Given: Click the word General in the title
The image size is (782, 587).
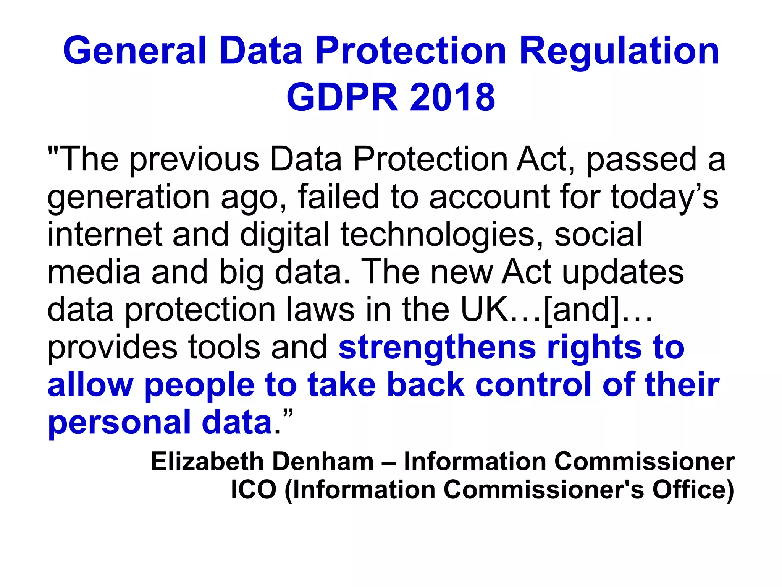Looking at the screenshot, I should (x=134, y=50).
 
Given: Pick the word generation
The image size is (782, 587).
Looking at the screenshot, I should (x=128, y=197).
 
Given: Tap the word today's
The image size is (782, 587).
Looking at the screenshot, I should (x=664, y=197).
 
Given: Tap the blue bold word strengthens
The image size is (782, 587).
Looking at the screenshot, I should (x=437, y=347).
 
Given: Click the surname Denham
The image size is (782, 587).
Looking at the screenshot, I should (x=323, y=461).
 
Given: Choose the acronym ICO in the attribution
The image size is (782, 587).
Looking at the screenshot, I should (x=254, y=490).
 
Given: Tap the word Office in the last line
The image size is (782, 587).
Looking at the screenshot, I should (x=692, y=490).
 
